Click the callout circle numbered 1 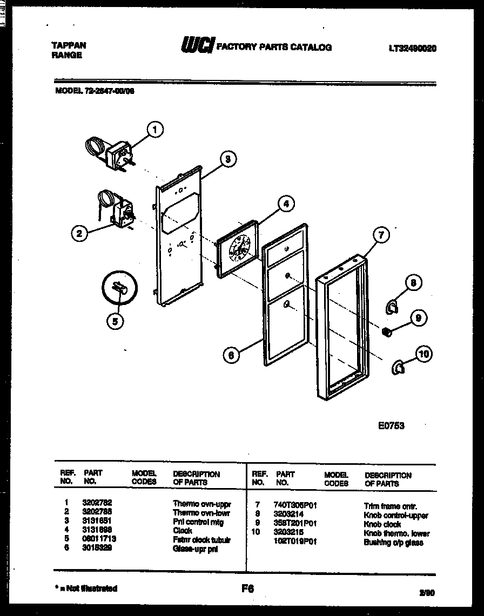point(155,129)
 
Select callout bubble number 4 point(286,204)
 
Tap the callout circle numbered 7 point(381,235)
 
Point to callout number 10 point(425,354)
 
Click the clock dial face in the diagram point(238,252)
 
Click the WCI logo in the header point(197,46)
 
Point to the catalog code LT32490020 point(412,48)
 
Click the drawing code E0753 point(391,425)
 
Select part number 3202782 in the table point(97,502)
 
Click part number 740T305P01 point(295,505)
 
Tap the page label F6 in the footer point(248,589)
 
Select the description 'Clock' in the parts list point(183,531)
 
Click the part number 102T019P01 point(295,541)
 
